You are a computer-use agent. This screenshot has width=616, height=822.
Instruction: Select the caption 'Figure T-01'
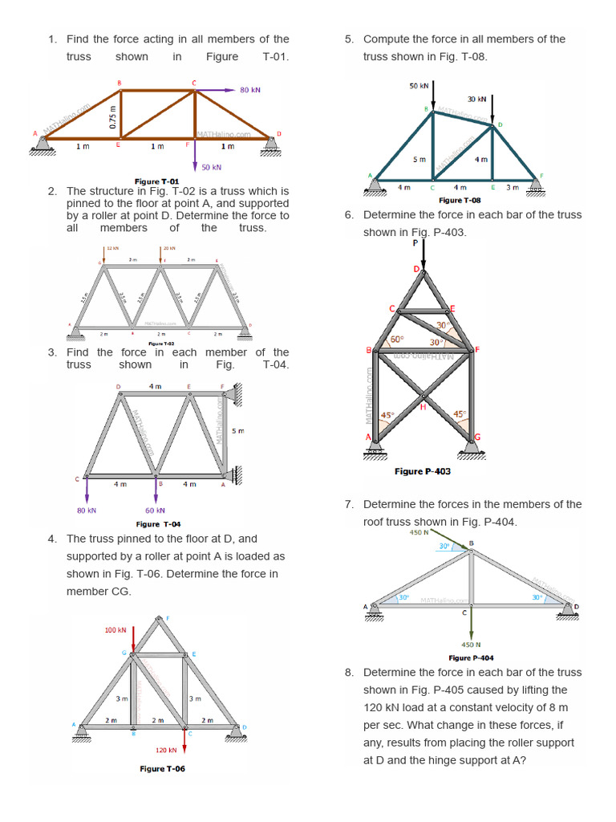pos(157,182)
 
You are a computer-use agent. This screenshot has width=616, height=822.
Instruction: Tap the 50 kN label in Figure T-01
pos(211,167)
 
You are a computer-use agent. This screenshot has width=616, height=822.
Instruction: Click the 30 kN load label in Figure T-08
pos(477,99)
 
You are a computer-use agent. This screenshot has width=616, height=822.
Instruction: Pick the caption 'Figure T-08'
pos(460,200)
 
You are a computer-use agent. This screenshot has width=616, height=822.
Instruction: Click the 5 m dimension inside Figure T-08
pos(419,159)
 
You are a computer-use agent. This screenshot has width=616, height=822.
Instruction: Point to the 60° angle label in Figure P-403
pos(395,340)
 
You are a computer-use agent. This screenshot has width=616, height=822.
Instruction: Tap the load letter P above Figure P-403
pos(415,242)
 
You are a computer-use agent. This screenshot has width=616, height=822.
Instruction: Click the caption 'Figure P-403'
pos(423,471)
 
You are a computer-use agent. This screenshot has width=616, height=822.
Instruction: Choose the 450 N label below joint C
pos(471,644)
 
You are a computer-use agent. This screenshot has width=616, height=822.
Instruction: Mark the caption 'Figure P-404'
pos(471,657)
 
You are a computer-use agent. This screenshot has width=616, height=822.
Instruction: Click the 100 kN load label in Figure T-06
pos(116,630)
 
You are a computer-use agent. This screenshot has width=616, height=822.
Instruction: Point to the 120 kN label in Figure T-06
pos(165,750)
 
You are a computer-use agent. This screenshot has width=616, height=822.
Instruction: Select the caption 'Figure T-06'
pos(163,768)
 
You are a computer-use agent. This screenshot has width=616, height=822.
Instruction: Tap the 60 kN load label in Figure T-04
pos(155,510)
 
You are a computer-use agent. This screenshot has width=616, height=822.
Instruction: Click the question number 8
pos(349,673)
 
